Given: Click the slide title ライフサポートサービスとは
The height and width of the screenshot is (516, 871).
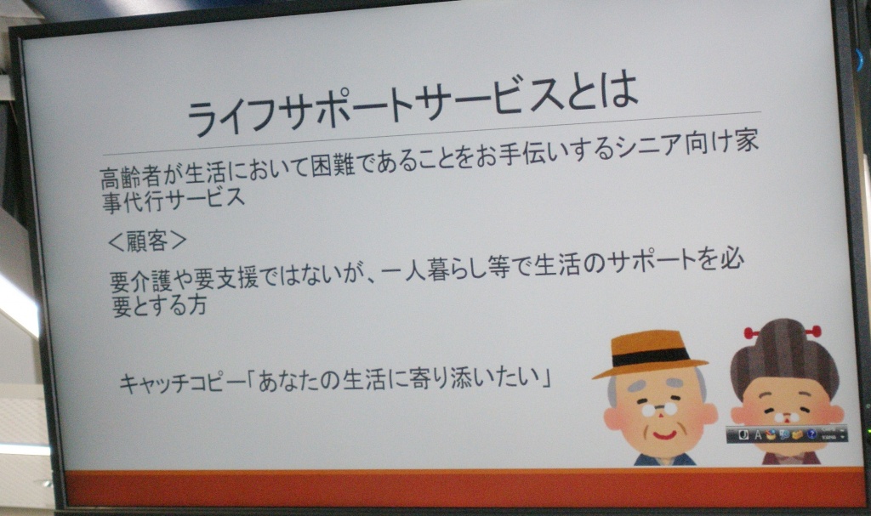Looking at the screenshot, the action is point(413,105).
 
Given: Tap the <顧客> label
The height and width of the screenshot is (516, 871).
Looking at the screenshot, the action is point(147,241).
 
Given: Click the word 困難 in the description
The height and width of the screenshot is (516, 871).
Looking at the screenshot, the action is point(333,165).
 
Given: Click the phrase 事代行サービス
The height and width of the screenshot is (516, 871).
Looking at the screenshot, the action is point(173,199).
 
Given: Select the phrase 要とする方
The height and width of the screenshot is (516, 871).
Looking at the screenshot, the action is point(159,305).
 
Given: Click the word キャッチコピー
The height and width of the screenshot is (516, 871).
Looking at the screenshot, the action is point(182,383).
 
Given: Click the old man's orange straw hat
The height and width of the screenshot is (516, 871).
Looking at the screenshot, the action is point(650,354).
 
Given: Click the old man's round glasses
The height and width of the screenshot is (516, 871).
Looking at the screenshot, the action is point(659,410).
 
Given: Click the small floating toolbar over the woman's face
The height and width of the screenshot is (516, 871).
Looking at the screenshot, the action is point(787,434).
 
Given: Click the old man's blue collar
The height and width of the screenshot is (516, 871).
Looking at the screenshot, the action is point(664,460).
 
